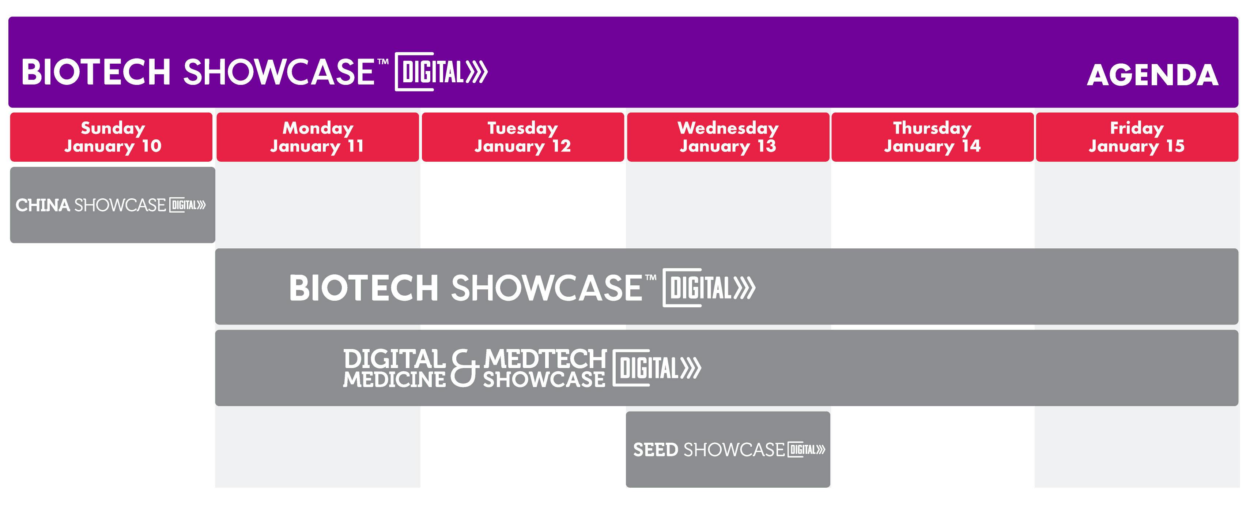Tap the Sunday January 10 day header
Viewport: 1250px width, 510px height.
[x=111, y=137]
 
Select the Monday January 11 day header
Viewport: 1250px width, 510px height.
[x=317, y=137]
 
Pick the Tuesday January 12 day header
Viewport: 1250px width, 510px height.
[x=522, y=137]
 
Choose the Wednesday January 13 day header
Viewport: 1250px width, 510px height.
[x=728, y=137]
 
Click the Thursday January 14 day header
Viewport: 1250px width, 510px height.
[x=933, y=137]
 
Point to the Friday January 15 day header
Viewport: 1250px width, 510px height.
[x=1137, y=137]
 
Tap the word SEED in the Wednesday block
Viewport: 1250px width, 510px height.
[x=656, y=450]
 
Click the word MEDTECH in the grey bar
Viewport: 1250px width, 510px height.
[x=545, y=359]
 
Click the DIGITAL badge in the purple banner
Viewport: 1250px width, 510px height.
[x=441, y=72]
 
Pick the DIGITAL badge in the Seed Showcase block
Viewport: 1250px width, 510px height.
[x=807, y=450]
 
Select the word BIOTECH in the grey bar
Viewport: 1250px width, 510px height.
[x=364, y=288]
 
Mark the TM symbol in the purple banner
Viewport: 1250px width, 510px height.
[x=383, y=62]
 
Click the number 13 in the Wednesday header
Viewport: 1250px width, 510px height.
[x=767, y=146]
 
